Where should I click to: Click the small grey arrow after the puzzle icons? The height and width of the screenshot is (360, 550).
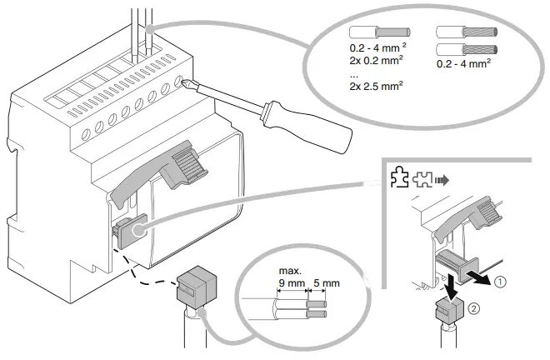click(x=442, y=178)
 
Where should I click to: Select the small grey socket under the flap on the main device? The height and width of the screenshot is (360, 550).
click(x=127, y=229)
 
